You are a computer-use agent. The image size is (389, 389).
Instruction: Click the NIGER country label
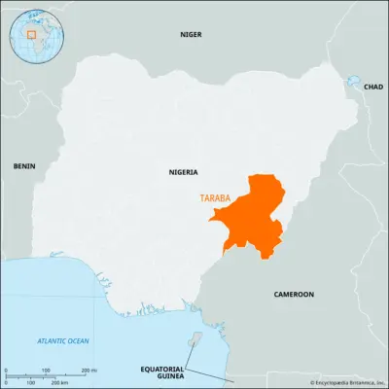pyautogui.click(x=191, y=34)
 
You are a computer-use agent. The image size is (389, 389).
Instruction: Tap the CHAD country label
pyautogui.click(x=373, y=88)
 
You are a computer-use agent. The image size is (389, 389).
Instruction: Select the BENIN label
pyautogui.click(x=23, y=165)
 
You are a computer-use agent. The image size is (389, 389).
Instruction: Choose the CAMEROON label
pyautogui.click(x=293, y=293)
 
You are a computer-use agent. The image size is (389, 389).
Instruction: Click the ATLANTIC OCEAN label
pyautogui.click(x=62, y=340)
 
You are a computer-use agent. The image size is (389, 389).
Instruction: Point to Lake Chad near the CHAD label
pyautogui.click(x=352, y=82)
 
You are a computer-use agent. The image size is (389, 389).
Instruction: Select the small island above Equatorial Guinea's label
pyautogui.click(x=194, y=338)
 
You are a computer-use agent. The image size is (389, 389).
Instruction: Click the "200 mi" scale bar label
pyautogui.click(x=88, y=371)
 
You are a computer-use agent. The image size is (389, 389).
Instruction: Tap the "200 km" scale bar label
pyautogui.click(x=58, y=380)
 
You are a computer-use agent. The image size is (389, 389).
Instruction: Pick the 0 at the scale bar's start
pyautogui.click(x=7, y=371)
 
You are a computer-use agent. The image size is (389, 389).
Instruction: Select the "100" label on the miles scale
pyautogui.click(x=47, y=371)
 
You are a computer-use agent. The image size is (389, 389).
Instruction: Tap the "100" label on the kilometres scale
pyautogui.click(x=31, y=380)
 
